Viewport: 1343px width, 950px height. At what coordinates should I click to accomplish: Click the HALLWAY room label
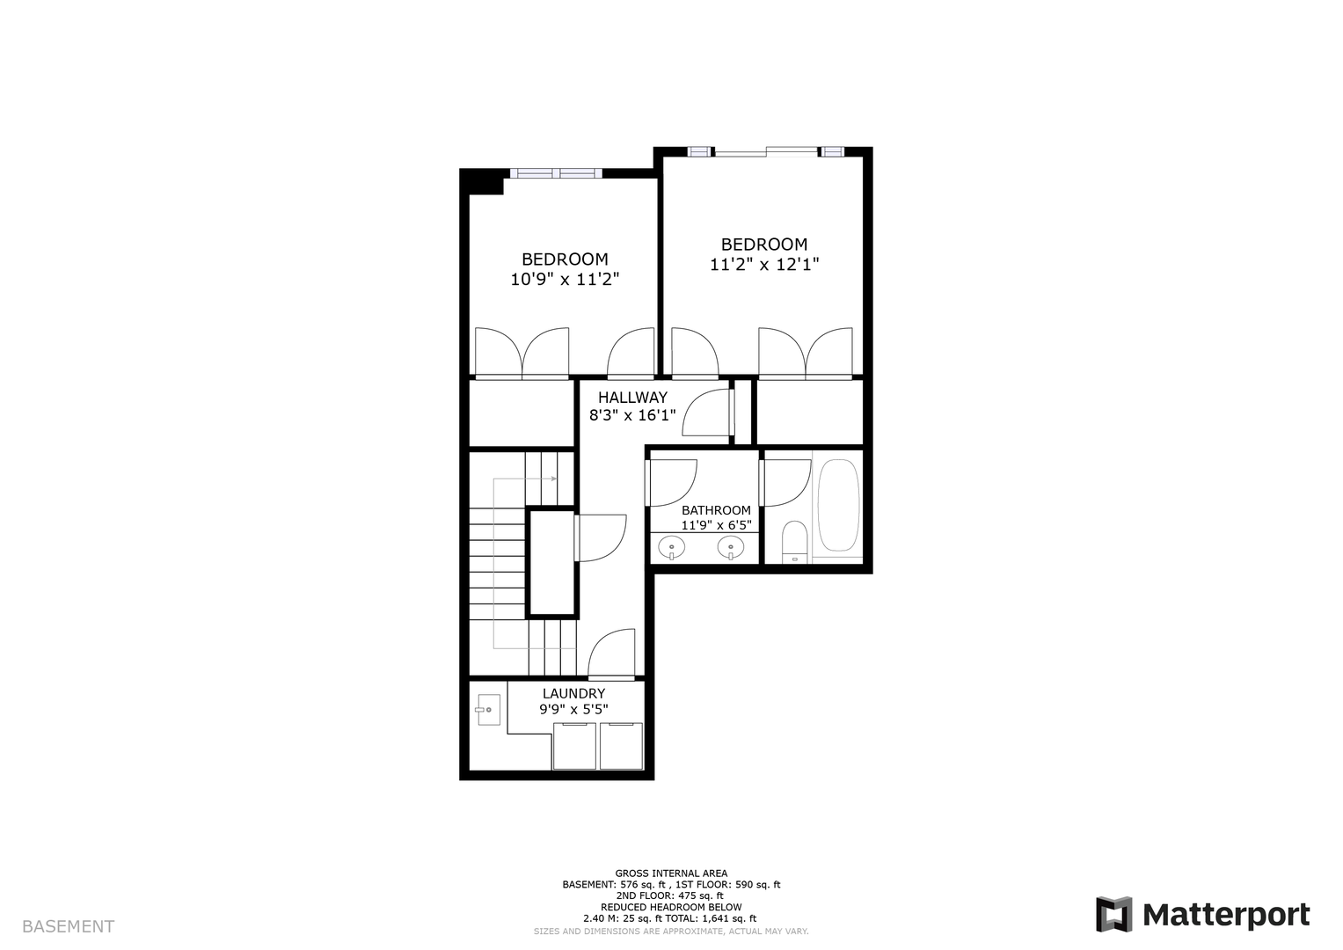pos(632,397)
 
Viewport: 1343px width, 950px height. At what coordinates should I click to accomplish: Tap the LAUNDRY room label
pos(573,693)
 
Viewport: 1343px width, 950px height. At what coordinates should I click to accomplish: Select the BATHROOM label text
pos(716,510)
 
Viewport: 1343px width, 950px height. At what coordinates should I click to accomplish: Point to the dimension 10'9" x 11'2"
pos(565,279)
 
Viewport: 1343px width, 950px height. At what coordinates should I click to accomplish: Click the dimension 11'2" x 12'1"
pos(764,265)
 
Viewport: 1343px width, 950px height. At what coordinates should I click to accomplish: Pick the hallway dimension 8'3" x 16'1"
pos(632,415)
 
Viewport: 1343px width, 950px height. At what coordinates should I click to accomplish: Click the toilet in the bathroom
pos(795,542)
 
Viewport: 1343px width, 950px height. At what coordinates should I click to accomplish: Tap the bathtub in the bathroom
pos(838,505)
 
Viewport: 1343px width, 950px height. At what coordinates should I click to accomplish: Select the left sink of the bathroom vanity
pos(672,547)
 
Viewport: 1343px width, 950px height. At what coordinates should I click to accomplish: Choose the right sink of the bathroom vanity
pos(730,547)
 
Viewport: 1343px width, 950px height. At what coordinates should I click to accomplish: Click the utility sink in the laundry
pos(489,710)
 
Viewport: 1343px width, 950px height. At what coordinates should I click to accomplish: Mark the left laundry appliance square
pos(574,746)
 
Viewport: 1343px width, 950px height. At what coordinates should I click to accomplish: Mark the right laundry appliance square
pos(621,746)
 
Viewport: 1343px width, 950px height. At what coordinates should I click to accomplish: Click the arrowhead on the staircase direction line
pos(554,479)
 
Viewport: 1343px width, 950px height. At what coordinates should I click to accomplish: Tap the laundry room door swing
pos(611,653)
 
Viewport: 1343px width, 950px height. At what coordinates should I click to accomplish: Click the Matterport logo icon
pos(1114,915)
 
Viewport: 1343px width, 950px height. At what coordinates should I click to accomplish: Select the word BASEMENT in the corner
pos(68,926)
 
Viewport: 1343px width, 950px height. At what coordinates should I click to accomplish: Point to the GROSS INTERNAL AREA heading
pos(671,873)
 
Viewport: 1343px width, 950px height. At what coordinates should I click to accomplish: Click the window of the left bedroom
pos(556,173)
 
